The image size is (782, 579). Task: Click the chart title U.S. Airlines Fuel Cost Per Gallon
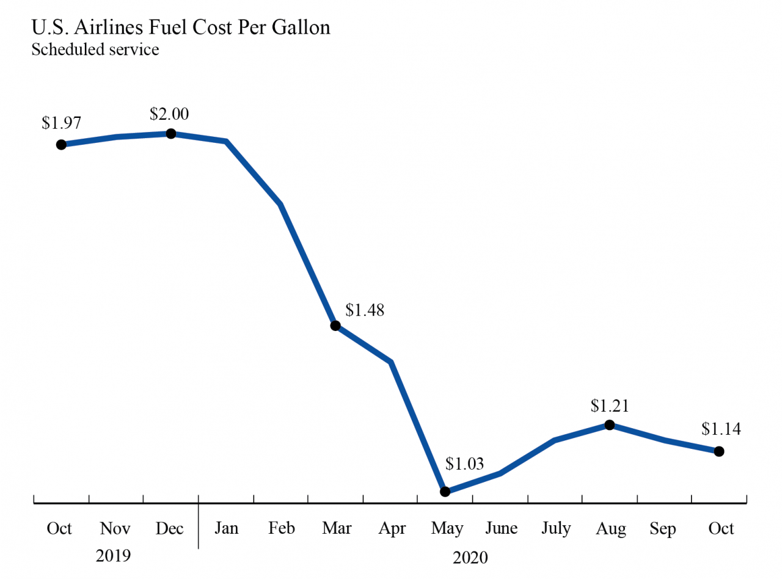[180, 28]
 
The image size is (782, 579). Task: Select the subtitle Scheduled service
[95, 49]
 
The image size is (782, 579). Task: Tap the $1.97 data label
[60, 122]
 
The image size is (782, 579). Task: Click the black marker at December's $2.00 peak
[171, 134]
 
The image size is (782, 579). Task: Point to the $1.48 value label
[365, 310]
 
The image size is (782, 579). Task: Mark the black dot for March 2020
[335, 326]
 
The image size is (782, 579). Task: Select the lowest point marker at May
[445, 491]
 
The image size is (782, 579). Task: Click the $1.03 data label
[464, 464]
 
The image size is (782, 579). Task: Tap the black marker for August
[609, 424]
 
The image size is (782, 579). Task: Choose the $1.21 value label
[610, 406]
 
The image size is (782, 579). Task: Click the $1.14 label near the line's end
[721, 429]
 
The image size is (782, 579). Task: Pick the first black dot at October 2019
[61, 145]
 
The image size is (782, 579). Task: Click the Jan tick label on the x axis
[226, 528]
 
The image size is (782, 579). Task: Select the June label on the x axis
[501, 528]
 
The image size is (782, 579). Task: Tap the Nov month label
[115, 528]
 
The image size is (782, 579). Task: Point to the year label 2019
[114, 556]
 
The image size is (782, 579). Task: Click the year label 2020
[470, 557]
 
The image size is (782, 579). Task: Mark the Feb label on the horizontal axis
[281, 528]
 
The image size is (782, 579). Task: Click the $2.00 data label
[169, 114]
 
